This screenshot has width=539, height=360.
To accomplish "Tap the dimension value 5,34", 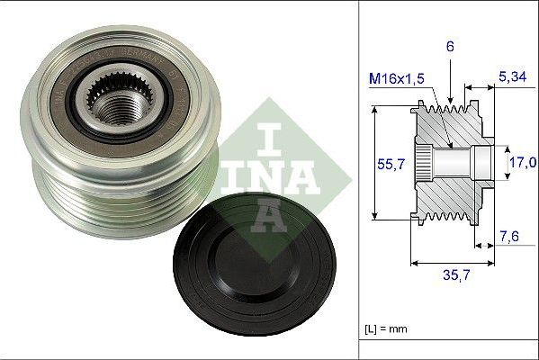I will pyautogui.click(x=511, y=78).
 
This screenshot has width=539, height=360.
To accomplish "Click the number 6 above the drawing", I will pyautogui.click(x=450, y=44).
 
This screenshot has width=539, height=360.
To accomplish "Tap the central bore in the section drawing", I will pyautogui.click(x=454, y=163).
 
